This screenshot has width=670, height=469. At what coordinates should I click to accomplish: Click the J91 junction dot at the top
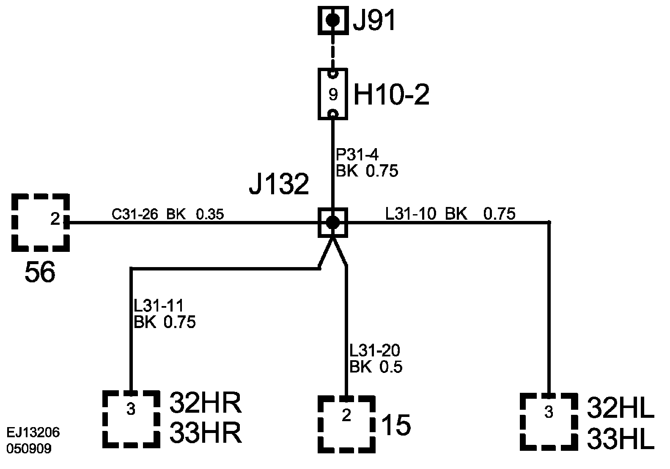point(332,19)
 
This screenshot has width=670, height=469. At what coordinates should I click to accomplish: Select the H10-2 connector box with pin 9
point(332,94)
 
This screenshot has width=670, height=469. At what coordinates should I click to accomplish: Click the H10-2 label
point(391,95)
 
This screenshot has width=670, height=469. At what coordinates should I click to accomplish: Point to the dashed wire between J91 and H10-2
point(332,51)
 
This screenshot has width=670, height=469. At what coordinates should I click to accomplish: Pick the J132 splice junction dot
point(332,222)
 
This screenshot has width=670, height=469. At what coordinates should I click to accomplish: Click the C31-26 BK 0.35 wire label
point(167,215)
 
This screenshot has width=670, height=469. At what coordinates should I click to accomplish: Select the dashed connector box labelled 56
point(41,222)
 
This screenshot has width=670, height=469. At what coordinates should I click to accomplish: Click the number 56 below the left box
point(40,272)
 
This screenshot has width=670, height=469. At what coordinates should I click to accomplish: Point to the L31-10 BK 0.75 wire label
point(450,214)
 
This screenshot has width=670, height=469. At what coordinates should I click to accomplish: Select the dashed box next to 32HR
point(132,419)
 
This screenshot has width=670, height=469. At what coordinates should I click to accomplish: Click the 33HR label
point(206,433)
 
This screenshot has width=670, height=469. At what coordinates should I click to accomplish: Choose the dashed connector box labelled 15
point(346,424)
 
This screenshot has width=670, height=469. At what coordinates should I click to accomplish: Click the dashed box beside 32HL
point(549,421)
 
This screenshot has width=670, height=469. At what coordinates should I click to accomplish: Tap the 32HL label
point(621,408)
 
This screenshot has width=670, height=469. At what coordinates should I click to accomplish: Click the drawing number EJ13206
point(33,433)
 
